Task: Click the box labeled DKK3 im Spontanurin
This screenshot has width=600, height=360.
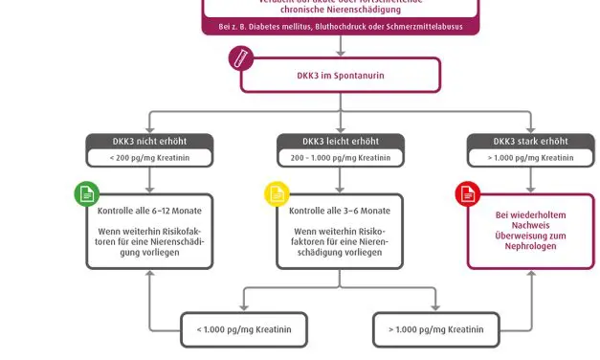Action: click(340, 76)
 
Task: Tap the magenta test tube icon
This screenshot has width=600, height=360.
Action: click(241, 58)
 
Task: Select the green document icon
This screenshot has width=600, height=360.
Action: click(86, 193)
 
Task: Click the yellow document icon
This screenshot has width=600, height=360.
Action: click(276, 193)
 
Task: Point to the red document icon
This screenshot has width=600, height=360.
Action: click(467, 194)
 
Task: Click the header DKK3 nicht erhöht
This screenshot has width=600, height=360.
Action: click(149, 142)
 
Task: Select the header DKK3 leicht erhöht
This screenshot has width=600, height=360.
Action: click(340, 142)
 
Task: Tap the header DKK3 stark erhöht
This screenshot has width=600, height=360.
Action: click(530, 142)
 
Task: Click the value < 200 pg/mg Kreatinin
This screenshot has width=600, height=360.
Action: click(149, 157)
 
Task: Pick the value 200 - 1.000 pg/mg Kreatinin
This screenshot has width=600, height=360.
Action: click(340, 157)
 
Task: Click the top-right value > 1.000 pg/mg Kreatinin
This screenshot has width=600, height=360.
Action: click(530, 157)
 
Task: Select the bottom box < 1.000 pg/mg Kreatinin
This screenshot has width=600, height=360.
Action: click(245, 329)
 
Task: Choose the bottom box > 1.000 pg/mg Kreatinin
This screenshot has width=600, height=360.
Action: click(435, 329)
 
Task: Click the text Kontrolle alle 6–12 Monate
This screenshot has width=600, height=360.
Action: click(149, 211)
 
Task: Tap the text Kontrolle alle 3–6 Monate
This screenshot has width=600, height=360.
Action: click(340, 211)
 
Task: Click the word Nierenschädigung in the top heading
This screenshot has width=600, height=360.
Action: click(363, 10)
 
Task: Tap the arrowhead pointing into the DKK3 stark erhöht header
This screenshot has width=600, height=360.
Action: click(530, 129)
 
